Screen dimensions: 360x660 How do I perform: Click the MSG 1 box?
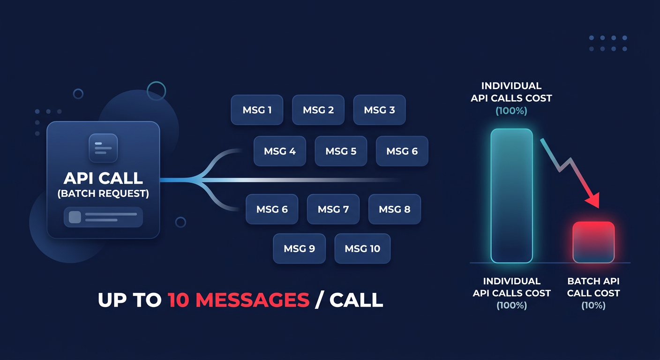tap(257, 110)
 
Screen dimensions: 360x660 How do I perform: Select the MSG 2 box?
tap(318, 110)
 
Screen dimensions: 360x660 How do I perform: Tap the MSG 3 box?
tap(379, 110)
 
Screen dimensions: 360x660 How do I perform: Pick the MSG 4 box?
tap(280, 151)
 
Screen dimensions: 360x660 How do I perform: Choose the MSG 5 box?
tap(341, 151)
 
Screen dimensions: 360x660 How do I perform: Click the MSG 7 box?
tap(333, 209)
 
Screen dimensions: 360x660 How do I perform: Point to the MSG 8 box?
tap(395, 209)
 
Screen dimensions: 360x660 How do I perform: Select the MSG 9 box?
tap(299, 248)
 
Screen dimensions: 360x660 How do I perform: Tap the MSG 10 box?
tap(362, 248)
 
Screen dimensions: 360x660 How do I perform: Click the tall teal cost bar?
tap(511, 195)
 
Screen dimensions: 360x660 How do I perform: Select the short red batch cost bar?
tap(593, 242)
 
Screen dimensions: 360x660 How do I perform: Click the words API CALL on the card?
tap(103, 178)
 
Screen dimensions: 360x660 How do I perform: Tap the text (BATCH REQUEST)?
tap(103, 194)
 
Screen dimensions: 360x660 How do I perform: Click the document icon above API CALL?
tap(103, 148)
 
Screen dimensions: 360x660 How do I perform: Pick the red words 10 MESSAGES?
tap(238, 300)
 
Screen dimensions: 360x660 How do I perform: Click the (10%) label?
tap(593, 306)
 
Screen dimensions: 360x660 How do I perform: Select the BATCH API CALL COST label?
tap(593, 287)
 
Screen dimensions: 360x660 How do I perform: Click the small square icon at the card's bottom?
tap(75, 217)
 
